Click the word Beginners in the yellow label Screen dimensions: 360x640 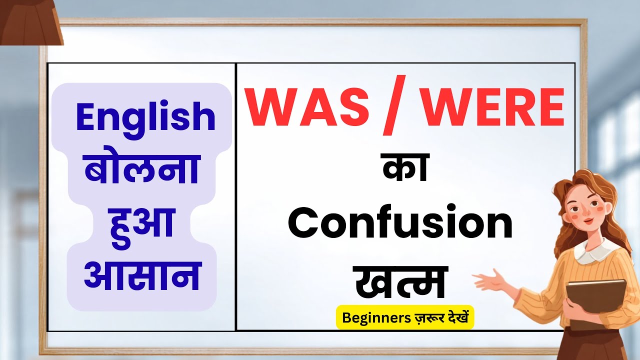pyautogui.click(x=372, y=317)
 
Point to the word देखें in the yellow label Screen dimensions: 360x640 pyautogui.click(x=455, y=317)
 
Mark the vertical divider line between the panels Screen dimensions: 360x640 pyautogui.click(x=235, y=197)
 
